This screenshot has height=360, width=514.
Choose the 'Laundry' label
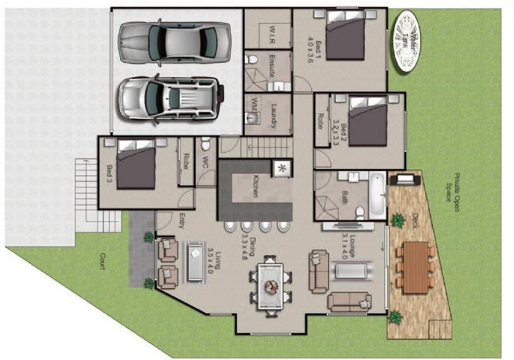click(272, 116)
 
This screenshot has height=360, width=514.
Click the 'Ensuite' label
click(272, 67)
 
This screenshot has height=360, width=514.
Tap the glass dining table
click(269, 283)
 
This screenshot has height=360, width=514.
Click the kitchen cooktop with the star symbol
click(281, 168)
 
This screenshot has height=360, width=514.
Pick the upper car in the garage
click(174, 41)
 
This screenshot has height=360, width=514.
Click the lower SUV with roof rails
click(170, 98)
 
